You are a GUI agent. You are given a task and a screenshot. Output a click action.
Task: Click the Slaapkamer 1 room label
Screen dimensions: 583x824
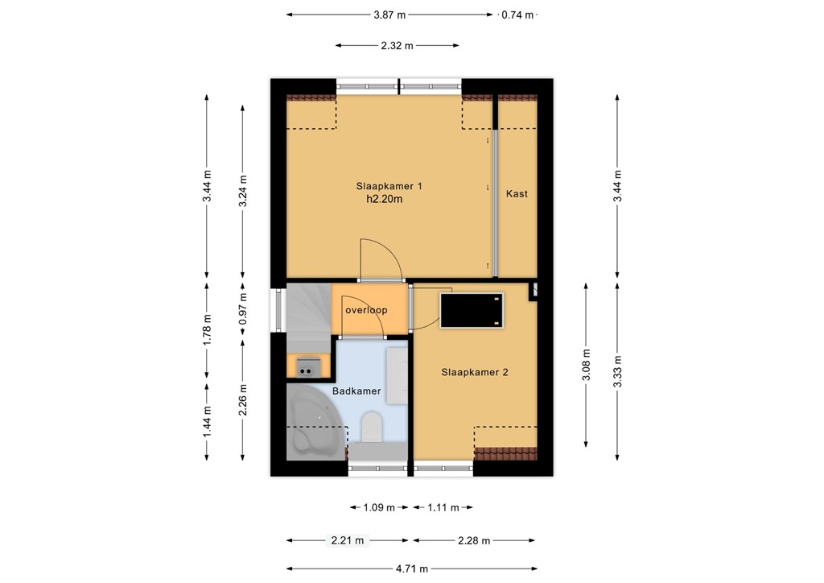point(389,186)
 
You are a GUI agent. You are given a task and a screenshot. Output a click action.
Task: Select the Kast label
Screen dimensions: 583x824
point(517,194)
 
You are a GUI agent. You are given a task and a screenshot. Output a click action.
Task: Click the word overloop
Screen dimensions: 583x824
point(366,310)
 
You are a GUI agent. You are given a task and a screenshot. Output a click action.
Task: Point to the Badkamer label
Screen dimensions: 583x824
point(356,392)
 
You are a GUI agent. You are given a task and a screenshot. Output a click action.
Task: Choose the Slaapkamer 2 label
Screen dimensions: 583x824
point(474,373)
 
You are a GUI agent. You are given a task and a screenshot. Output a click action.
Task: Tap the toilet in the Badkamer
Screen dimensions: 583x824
point(372,428)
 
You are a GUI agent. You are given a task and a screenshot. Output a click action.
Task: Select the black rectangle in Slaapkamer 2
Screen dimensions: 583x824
point(472,311)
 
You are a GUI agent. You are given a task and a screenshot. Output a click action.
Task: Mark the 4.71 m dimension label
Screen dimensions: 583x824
point(411,569)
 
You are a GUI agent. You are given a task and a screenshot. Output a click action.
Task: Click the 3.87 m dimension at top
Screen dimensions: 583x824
point(389,14)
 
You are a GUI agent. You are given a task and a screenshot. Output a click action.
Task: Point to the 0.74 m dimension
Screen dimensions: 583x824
point(517,14)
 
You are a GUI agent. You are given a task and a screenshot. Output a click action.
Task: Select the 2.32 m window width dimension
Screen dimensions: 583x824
point(397,46)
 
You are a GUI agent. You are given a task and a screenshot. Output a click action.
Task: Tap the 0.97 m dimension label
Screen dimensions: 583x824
point(243,310)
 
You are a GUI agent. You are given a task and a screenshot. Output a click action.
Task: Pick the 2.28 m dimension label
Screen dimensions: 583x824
point(474,541)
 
